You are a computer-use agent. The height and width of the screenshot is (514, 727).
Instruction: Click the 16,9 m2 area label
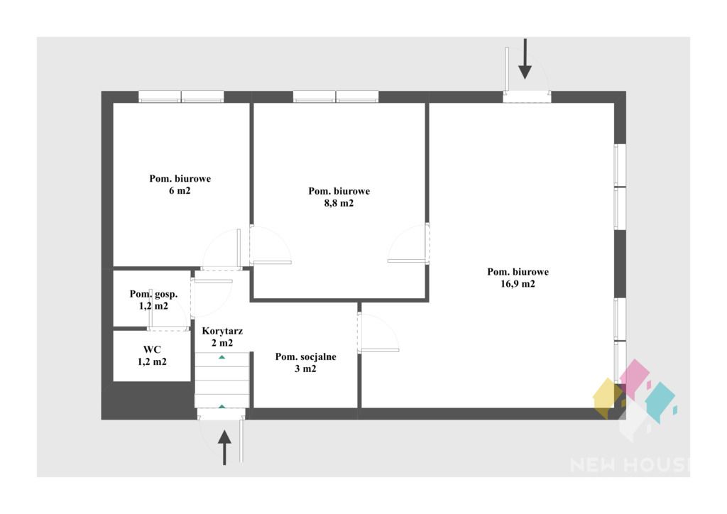[x=518, y=284]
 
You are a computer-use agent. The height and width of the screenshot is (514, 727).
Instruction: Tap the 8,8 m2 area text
[x=339, y=203]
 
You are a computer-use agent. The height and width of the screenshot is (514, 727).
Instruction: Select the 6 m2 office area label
[x=180, y=190]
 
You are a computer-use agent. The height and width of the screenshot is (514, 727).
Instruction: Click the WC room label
[x=152, y=349]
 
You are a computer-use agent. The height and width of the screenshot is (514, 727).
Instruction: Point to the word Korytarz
[x=222, y=332]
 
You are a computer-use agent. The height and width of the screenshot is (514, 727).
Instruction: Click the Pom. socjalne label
[x=305, y=357]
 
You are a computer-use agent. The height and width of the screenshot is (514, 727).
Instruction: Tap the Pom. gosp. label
[x=153, y=294]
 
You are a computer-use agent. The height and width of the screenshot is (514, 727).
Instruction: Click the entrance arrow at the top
[x=525, y=59]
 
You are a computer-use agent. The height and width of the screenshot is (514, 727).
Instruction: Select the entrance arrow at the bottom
[x=224, y=447]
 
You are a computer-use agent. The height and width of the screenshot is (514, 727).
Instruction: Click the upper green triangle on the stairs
[x=222, y=357]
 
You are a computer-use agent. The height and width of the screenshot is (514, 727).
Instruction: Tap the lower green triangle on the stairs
[x=222, y=407]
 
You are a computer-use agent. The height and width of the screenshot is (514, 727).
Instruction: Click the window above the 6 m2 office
[x=181, y=97]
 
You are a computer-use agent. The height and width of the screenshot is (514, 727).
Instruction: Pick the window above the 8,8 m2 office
[x=336, y=97]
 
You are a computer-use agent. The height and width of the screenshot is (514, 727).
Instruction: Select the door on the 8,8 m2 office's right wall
[x=409, y=244]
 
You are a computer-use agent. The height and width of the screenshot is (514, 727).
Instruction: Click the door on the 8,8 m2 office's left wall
[x=270, y=245]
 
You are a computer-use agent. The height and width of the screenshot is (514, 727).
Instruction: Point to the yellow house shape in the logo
[x=608, y=398]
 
